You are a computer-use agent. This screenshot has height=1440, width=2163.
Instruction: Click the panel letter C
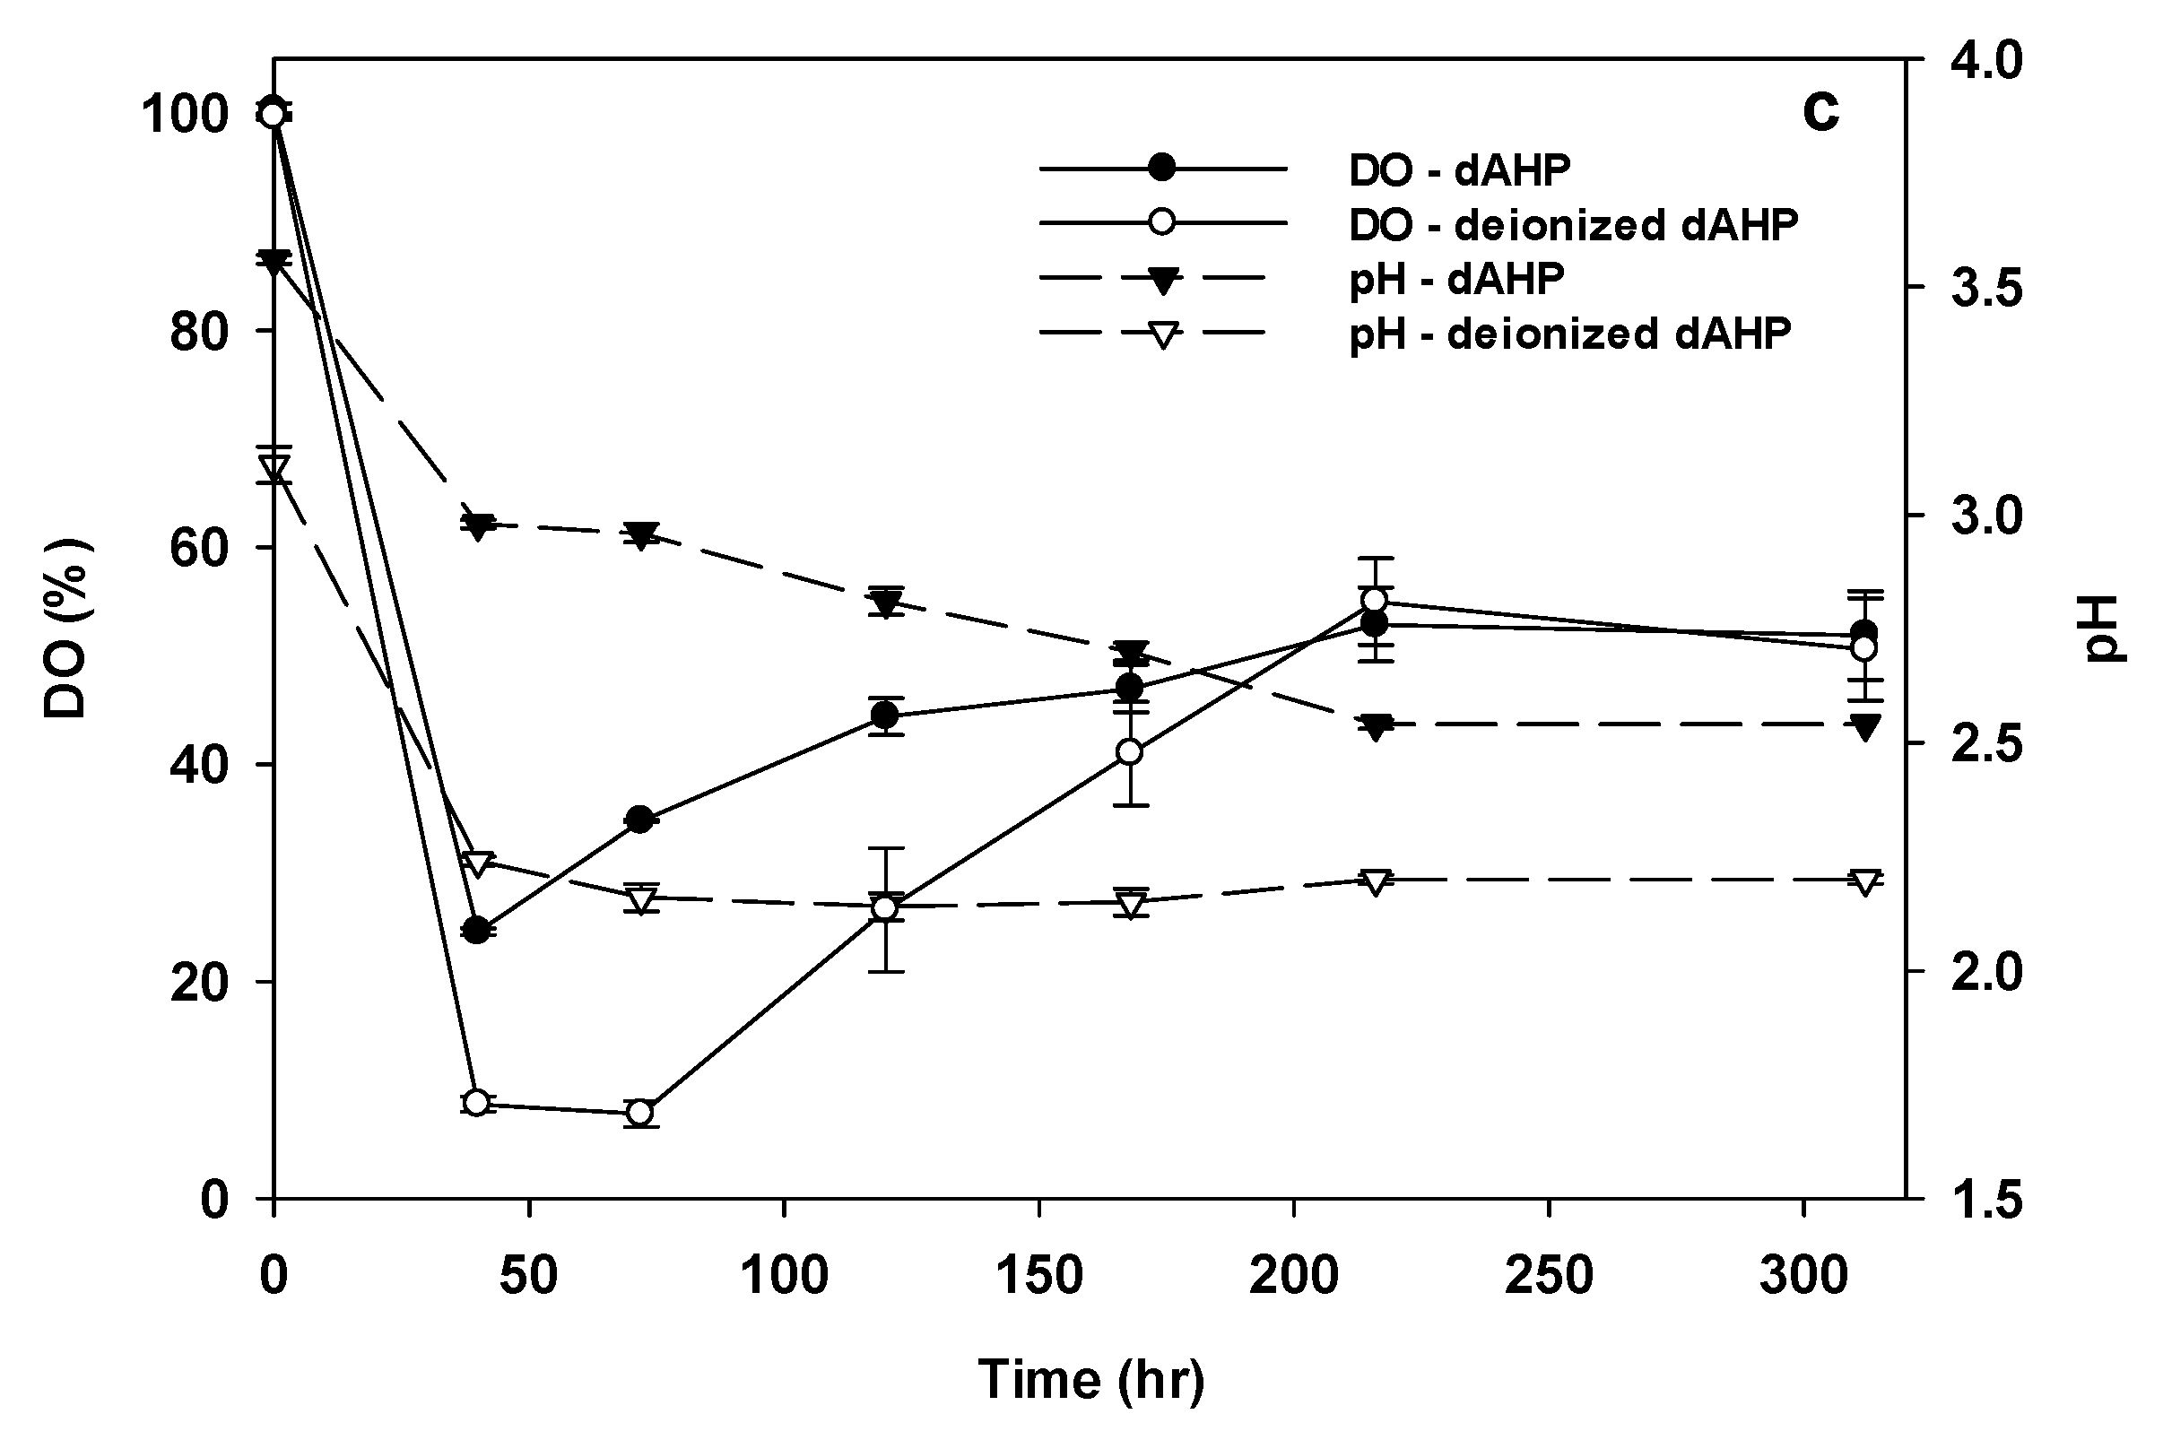[x=1820, y=113]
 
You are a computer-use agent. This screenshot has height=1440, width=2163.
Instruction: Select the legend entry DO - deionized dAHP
[x=1571, y=224]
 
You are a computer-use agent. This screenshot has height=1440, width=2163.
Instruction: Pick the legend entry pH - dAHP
[x=1455, y=278]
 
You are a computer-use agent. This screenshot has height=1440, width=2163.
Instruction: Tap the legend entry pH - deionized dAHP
[x=1568, y=334]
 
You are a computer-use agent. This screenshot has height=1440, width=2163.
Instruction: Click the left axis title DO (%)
[x=66, y=629]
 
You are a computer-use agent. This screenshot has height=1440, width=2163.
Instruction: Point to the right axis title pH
[x=2103, y=629]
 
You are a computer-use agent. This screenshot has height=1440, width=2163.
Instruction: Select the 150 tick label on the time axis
[x=1038, y=1276]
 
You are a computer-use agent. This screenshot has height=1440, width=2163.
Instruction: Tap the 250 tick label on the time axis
[x=1549, y=1276]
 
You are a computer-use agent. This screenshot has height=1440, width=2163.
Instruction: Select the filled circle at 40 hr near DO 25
[x=476, y=932]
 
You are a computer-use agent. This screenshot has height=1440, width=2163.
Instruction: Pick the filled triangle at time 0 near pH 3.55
[x=274, y=262]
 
